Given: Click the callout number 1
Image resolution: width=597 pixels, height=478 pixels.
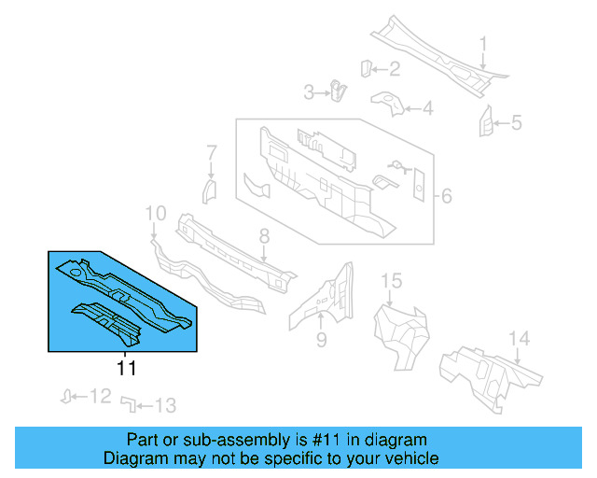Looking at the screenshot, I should pos(484,45).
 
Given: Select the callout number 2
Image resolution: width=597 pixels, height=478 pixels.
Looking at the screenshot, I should pos(394,68).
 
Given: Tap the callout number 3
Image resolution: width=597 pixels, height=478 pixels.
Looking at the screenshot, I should pos(310,91).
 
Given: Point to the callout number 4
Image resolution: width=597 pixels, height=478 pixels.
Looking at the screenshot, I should pos(427,110).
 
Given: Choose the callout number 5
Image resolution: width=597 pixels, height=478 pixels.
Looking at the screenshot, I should pos(516,122).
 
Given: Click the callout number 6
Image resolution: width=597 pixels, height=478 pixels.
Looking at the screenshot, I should pos(446,196).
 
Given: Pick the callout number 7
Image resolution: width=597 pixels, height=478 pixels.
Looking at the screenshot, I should pos(212,152).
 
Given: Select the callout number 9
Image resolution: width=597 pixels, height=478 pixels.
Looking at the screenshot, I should pos(321,340).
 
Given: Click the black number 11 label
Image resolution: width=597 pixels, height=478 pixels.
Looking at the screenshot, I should pos(126,369).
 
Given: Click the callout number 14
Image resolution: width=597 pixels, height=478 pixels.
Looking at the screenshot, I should pos(519,338).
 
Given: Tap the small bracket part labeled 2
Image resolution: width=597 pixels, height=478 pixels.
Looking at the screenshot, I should pos(367,67).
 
